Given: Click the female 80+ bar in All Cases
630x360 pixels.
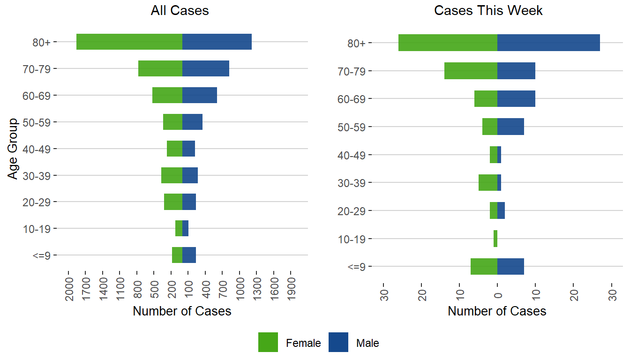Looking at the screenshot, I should pyautogui.click(x=129, y=42).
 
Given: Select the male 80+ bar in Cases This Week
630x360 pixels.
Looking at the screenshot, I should pyautogui.click(x=548, y=43).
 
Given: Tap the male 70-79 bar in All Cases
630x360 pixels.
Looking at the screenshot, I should pyautogui.click(x=205, y=68).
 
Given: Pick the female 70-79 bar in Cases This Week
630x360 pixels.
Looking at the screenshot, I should pyautogui.click(x=471, y=71).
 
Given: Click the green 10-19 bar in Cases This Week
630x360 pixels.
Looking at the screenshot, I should pyautogui.click(x=495, y=239).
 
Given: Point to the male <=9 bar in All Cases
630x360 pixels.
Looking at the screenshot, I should pyautogui.click(x=189, y=255).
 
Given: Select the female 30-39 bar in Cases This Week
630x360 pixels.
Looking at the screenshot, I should pyautogui.click(x=488, y=182).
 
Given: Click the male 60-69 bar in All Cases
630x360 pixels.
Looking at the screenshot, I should pyautogui.click(x=199, y=95).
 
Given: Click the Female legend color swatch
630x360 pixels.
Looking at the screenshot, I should pyautogui.click(x=268, y=342).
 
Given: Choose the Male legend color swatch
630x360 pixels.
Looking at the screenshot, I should pyautogui.click(x=338, y=342).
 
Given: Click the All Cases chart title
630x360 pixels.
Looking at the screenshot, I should pyautogui.click(x=180, y=11).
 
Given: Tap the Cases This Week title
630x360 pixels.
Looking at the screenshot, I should pyautogui.click(x=488, y=11).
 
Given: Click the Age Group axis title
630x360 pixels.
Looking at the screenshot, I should pyautogui.click(x=13, y=149).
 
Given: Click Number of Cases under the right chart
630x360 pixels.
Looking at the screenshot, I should pyautogui.click(x=497, y=311).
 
